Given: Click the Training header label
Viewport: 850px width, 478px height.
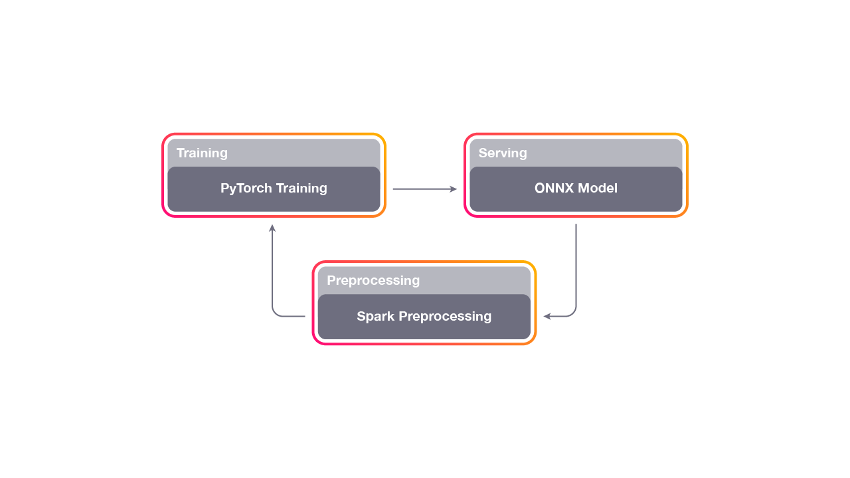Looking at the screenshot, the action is [x=202, y=153].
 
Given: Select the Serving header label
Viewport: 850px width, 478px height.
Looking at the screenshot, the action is [x=503, y=153].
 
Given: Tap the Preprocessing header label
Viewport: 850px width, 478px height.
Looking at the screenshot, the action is [x=373, y=280].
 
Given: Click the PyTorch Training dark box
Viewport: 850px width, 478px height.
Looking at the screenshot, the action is [x=274, y=189].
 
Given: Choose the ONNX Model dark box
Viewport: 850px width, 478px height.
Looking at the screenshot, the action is [x=576, y=189].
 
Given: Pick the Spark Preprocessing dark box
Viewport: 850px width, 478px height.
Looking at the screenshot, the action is [x=424, y=317].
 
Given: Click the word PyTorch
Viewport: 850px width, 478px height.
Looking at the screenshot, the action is [x=246, y=189].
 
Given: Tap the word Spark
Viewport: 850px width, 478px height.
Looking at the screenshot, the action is [x=375, y=317].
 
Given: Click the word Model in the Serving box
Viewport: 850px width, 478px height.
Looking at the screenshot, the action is [x=597, y=188].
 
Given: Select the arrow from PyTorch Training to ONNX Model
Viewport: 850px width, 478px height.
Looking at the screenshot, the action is [x=424, y=189].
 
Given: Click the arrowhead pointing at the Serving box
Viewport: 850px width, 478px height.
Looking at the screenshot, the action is [x=454, y=189].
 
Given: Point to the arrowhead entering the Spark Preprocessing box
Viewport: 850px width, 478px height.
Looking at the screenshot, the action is [x=547, y=317].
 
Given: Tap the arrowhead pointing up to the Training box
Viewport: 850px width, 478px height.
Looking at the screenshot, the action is [x=272, y=228].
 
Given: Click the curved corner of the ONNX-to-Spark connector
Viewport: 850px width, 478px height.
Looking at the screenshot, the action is [x=572, y=313].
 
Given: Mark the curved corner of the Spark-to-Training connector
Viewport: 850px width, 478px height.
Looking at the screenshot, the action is [x=276, y=313].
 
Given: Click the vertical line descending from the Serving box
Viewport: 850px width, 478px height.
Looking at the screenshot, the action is [x=576, y=266].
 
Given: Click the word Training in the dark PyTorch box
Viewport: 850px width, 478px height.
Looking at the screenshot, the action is [x=301, y=189].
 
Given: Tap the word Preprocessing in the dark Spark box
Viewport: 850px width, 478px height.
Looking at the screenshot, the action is [x=445, y=317].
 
